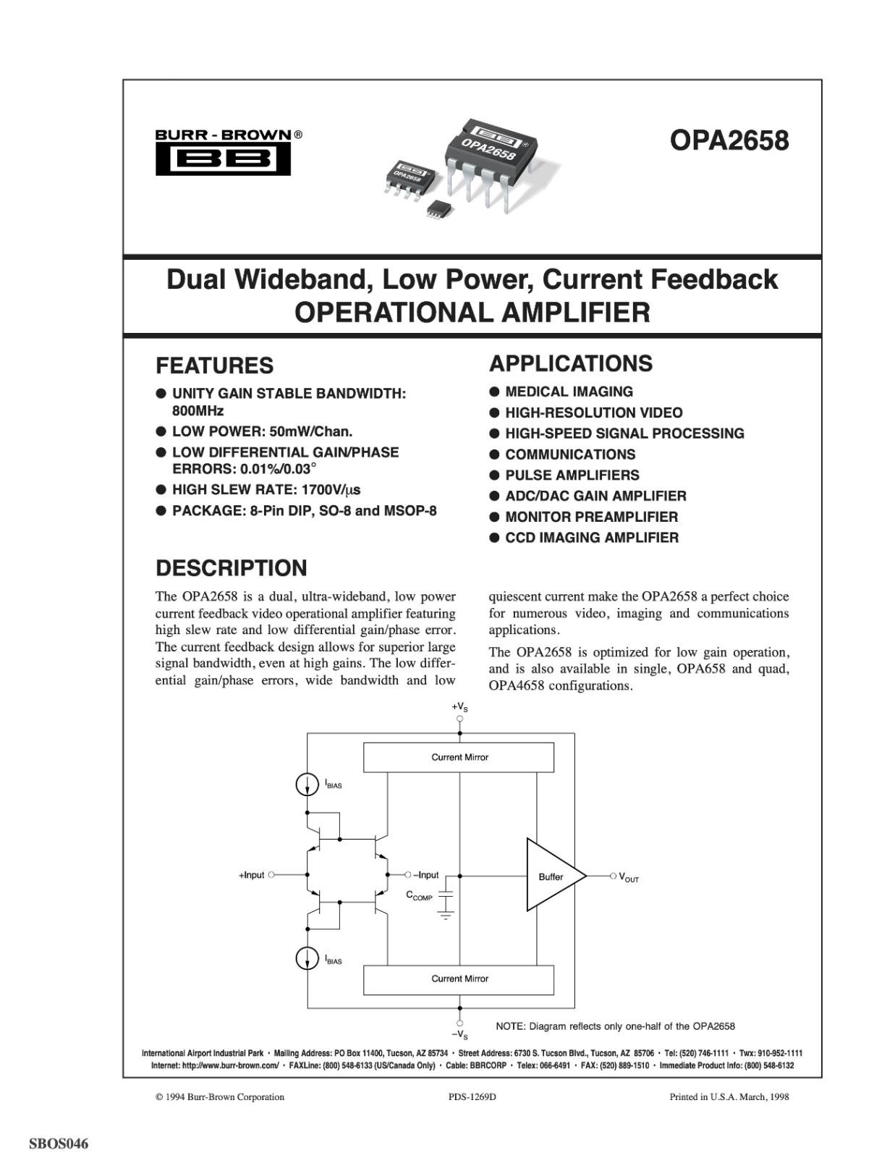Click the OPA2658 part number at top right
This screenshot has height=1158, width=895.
pos(729,140)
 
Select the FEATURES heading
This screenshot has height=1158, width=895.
pos(215,365)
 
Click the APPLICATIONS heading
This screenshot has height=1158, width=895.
pos(571,363)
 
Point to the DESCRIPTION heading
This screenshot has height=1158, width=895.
pos(232,568)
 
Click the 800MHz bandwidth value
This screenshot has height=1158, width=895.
pos(198,411)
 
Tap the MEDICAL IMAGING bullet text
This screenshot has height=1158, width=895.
pos(569,392)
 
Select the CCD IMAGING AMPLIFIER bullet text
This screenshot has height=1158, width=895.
pos(592,538)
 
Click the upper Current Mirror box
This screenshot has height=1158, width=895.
pos(459,758)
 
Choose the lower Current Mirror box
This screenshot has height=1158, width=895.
pos(459,979)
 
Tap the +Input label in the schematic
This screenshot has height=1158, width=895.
pos(251,876)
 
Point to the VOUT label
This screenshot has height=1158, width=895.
pos(629,877)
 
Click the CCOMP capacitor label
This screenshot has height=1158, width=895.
pos(419,896)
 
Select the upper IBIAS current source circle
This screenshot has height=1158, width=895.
pos(307,784)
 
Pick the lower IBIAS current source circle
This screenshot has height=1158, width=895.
pos(307,959)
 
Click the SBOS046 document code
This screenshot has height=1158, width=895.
pos(59,1144)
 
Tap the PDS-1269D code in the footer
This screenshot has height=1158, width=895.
pos(472,1097)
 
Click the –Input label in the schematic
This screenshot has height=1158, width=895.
pos(425,875)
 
